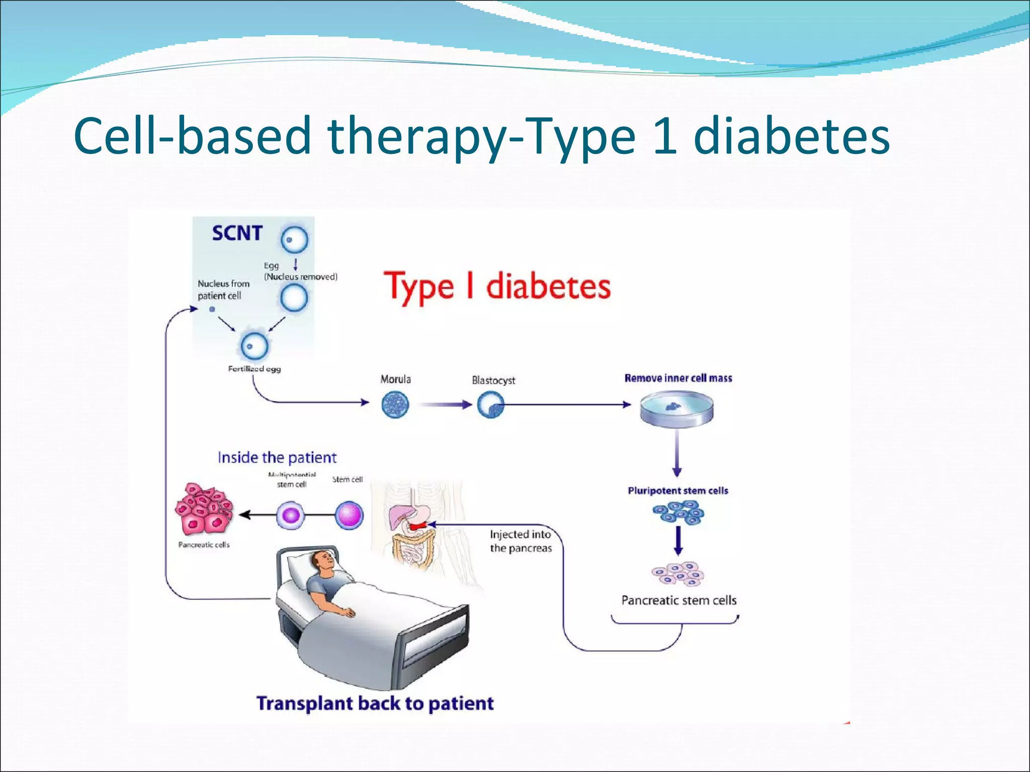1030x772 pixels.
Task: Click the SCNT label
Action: click(237, 233)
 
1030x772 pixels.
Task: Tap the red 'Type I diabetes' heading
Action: click(497, 286)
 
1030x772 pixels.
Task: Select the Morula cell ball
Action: click(395, 405)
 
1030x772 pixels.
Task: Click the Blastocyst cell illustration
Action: click(490, 405)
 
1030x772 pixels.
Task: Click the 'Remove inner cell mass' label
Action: click(678, 378)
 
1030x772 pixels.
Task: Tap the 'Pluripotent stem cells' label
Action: click(677, 491)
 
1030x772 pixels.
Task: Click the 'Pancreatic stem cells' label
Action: click(678, 600)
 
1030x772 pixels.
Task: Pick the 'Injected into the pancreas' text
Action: click(521, 541)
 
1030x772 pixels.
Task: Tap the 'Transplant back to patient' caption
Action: click(375, 703)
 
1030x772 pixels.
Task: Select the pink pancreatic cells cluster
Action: click(204, 510)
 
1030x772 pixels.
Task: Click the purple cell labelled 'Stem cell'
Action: click(349, 515)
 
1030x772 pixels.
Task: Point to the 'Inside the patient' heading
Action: click(277, 457)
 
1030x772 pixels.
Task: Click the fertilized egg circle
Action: click(254, 346)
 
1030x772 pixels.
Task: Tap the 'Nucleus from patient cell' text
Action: click(223, 289)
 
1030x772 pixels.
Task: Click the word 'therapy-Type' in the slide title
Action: click(481, 136)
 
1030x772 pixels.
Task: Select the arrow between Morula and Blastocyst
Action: click(445, 405)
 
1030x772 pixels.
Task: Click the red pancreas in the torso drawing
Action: click(417, 526)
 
